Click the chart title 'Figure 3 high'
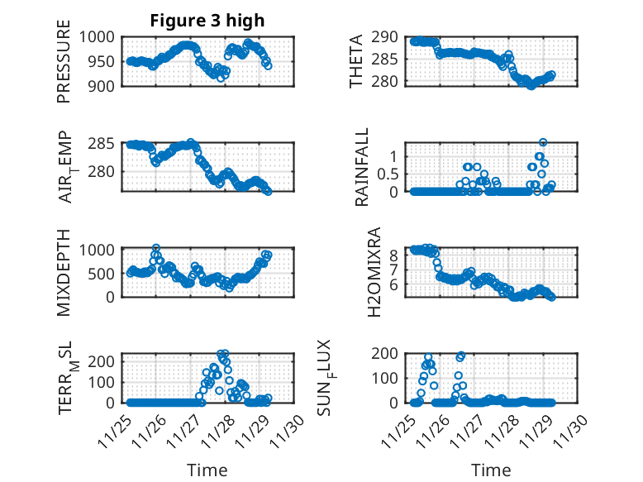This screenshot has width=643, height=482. coord(207,21)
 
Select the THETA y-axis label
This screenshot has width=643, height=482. coord(356,61)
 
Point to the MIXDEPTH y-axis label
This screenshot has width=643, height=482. coord(64,272)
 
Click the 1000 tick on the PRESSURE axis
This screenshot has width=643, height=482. coord(102,37)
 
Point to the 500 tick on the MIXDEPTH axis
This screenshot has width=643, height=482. coord(107,273)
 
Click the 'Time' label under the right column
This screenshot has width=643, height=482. coord(491,470)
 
